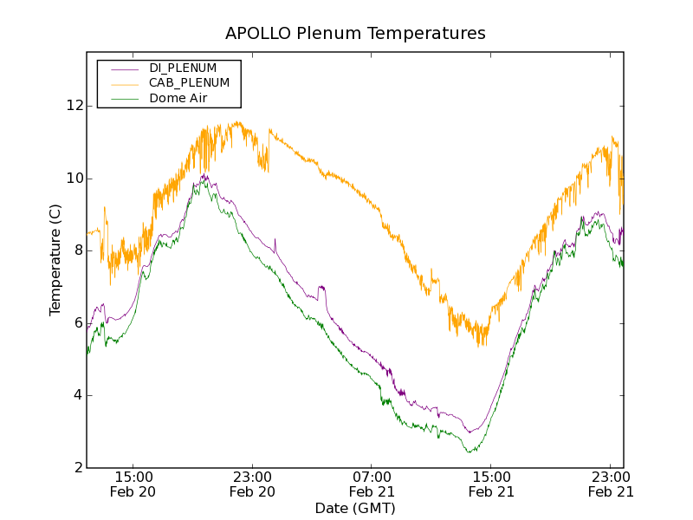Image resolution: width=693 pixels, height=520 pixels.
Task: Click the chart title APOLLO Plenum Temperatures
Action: click(355, 34)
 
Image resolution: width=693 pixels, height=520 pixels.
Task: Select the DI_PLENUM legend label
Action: click(183, 68)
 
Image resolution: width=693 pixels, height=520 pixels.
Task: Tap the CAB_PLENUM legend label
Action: click(189, 83)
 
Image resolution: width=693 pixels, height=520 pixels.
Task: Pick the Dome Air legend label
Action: click(178, 98)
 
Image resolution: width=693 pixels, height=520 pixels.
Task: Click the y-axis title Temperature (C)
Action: click(55, 260)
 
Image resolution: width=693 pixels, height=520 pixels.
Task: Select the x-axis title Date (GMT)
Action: click(355, 508)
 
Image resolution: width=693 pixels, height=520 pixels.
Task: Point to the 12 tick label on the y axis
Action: click(74, 106)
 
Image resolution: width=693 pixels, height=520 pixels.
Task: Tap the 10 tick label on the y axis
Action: click(74, 179)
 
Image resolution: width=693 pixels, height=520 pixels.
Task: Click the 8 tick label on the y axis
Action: click(78, 250)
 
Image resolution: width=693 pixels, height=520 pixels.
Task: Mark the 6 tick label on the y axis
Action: click(78, 323)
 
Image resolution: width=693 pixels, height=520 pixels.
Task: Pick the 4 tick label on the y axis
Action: click(78, 395)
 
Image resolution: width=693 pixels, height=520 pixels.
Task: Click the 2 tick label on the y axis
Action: click(78, 468)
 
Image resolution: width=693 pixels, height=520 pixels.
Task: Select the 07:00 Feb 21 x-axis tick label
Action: click(372, 484)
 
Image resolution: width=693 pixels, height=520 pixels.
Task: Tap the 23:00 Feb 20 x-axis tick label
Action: click(252, 484)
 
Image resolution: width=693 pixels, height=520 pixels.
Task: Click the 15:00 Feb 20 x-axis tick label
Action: click(133, 484)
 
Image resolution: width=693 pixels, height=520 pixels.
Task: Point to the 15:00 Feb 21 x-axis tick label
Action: click(491, 484)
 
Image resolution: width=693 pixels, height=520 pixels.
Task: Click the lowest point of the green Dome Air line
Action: click(469, 452)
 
